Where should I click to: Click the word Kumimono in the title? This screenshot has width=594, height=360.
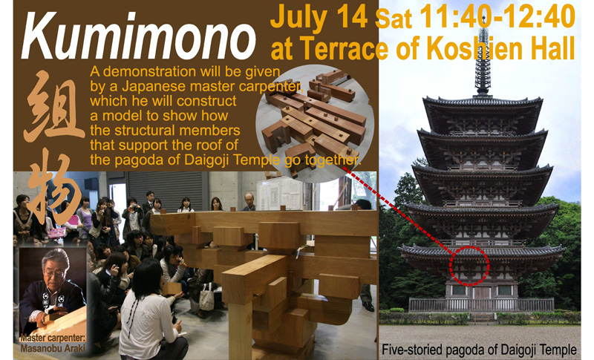point(139,36)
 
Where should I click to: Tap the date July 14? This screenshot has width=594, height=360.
point(319,17)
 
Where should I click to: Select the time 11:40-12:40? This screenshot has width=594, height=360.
point(497,16)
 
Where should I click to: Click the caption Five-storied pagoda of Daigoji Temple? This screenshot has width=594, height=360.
point(479,349)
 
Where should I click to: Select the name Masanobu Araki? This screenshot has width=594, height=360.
point(53,348)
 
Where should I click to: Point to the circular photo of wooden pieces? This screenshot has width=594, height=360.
point(315,123)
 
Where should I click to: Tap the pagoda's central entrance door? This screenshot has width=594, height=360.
point(481,292)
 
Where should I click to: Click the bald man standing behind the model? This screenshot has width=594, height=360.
point(249,202)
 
